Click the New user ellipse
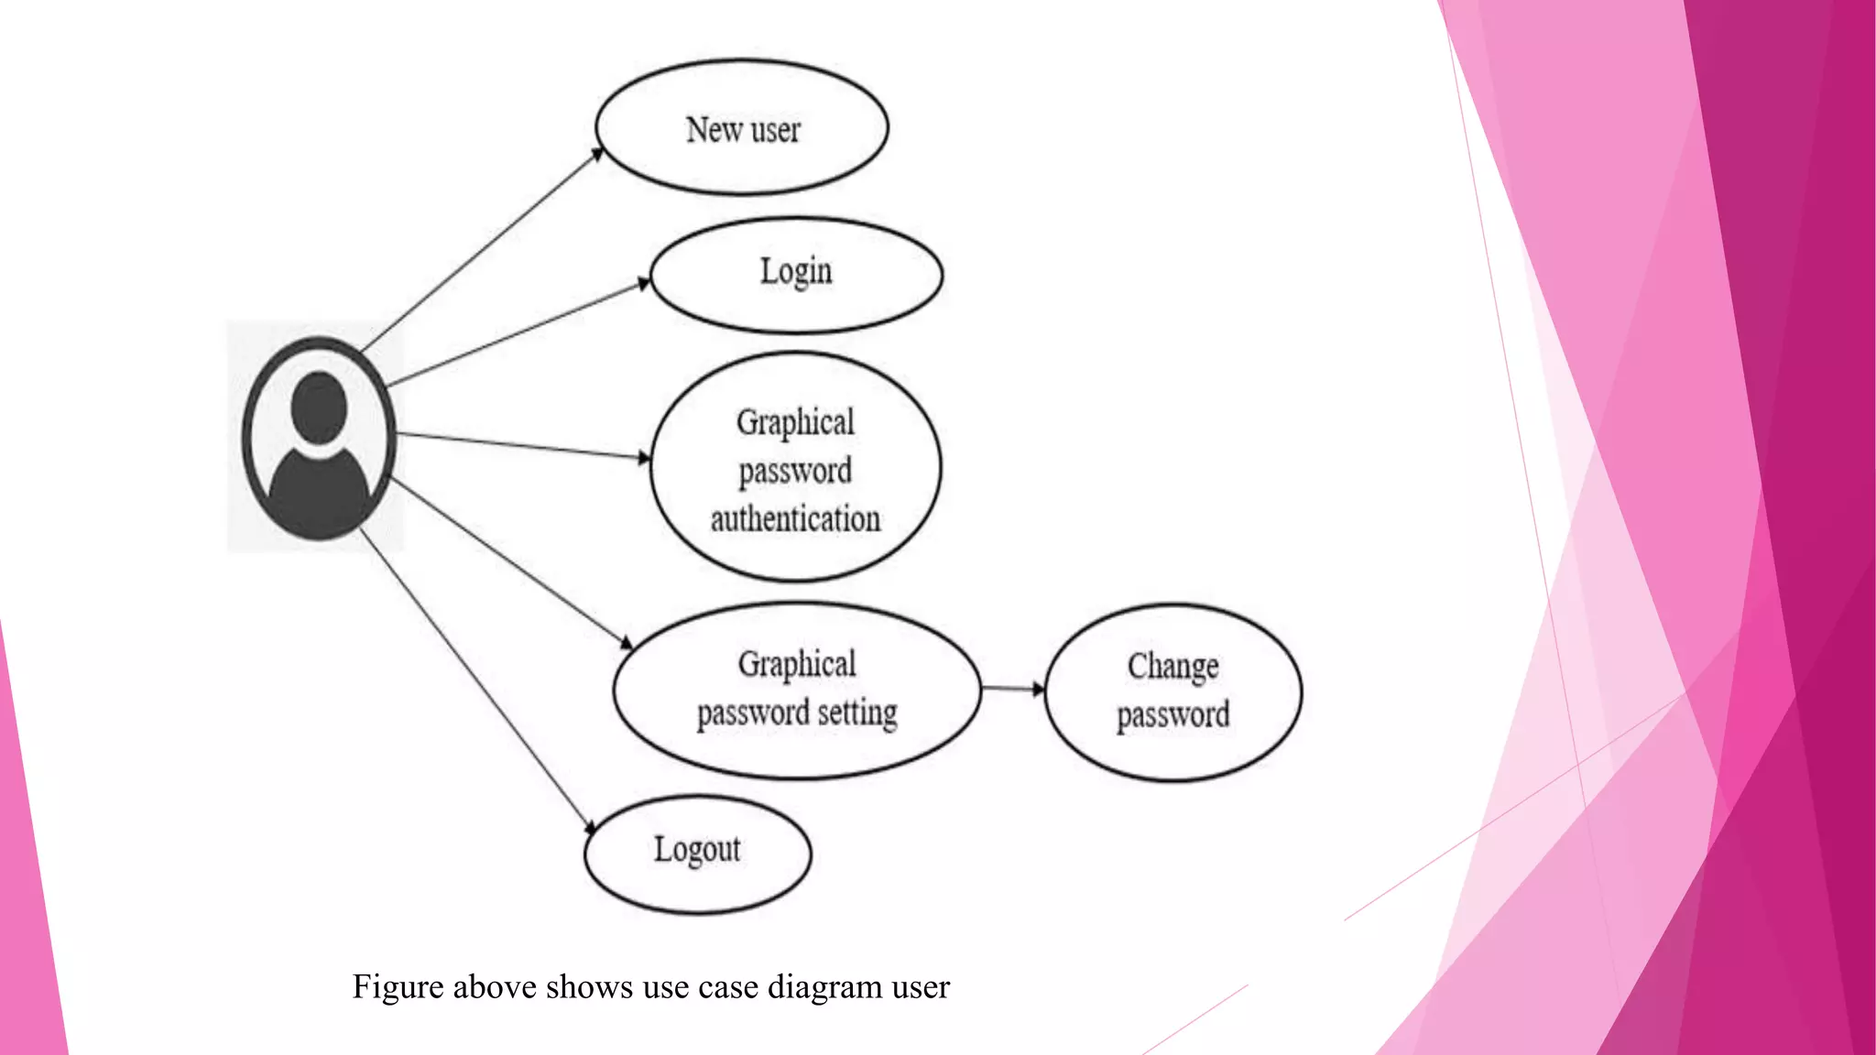(x=742, y=128)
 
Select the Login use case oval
(x=796, y=275)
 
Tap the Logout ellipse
(x=697, y=854)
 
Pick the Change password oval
(x=1172, y=691)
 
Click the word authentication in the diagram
(x=795, y=519)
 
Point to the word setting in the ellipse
(x=857, y=712)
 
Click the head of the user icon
(x=318, y=408)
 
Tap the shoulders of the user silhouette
(x=319, y=490)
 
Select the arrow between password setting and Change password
(x=1012, y=688)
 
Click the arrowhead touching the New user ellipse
(x=597, y=154)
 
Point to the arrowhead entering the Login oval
(x=644, y=284)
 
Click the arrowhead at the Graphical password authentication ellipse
(x=644, y=457)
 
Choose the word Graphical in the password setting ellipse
(x=797, y=664)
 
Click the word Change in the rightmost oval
(x=1172, y=666)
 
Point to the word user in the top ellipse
(x=775, y=130)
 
